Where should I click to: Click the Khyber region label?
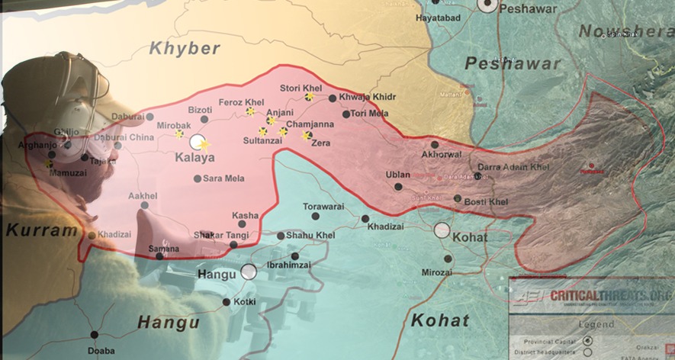pyautogui.click(x=184, y=48)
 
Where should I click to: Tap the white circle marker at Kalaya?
pyautogui.click(x=198, y=141)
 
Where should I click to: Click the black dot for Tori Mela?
pyautogui.click(x=346, y=114)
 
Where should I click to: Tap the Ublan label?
pyautogui.click(x=397, y=175)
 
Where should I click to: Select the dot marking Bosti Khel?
pyautogui.click(x=457, y=198)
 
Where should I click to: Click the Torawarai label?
pyautogui.click(x=323, y=206)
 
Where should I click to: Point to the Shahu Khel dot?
pyautogui.click(x=281, y=236)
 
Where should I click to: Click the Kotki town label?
pyautogui.click(x=245, y=302)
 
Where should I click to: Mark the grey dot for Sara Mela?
pyautogui.click(x=198, y=178)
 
